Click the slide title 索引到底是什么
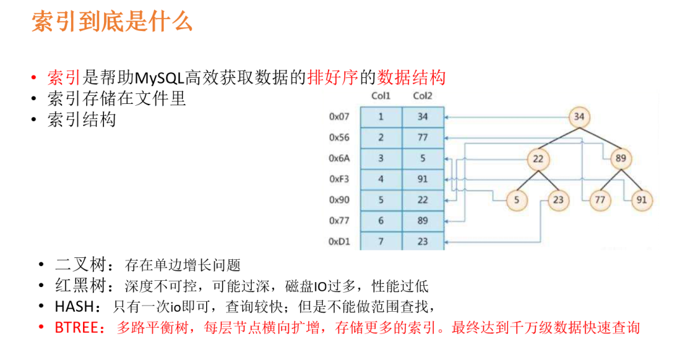[112, 23]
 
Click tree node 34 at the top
[578, 117]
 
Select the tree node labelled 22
[538, 158]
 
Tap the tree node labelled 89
[620, 158]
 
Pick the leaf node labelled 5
[517, 200]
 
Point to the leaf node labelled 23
[558, 200]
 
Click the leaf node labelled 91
[641, 200]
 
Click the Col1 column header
[381, 96]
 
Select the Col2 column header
[422, 96]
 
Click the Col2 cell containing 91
[422, 179]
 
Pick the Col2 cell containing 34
[422, 117]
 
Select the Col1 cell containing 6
[381, 221]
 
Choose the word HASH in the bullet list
[73, 307]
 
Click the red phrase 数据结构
[411, 78]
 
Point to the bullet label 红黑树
[77, 286]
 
